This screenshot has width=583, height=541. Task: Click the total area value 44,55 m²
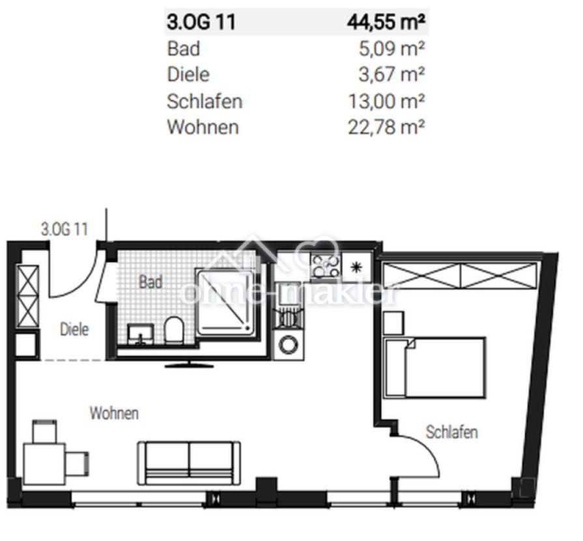(x=386, y=22)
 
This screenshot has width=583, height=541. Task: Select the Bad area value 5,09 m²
(x=391, y=49)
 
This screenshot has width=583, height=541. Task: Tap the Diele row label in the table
(x=188, y=74)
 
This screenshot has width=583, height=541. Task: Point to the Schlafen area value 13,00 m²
(x=386, y=101)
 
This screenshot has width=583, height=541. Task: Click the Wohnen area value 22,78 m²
(x=386, y=127)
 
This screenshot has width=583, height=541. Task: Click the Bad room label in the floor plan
(x=150, y=282)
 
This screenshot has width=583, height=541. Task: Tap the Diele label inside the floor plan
(x=74, y=329)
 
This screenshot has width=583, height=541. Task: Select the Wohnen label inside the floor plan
(x=114, y=413)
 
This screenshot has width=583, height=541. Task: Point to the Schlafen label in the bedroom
(x=452, y=432)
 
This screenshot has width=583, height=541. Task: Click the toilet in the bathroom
(x=174, y=330)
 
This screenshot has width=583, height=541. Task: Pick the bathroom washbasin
(x=141, y=334)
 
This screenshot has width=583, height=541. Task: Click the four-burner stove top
(x=326, y=265)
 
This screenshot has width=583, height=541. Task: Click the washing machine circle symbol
(x=289, y=345)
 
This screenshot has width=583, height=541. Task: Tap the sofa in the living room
(x=190, y=463)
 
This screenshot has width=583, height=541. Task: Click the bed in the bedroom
(x=435, y=368)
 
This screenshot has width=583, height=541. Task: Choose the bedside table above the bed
(x=393, y=323)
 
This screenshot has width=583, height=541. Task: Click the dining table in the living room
(x=44, y=463)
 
